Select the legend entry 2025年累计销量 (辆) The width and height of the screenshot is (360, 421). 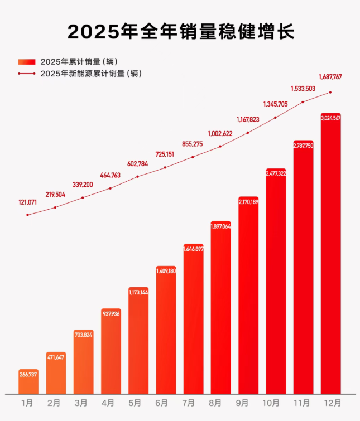click(78, 61)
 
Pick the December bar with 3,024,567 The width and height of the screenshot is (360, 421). click(330, 257)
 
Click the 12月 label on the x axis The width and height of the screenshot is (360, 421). click(330, 402)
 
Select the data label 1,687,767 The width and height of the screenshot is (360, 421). click(330, 78)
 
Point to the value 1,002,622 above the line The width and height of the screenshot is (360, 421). click(220, 133)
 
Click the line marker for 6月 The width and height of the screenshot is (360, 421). click(166, 167)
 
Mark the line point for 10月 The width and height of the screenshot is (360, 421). click(276, 118)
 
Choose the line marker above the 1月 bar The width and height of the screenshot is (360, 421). click(28, 215)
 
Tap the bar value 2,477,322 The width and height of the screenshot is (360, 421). click(276, 174)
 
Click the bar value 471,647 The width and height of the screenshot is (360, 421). click(56, 356)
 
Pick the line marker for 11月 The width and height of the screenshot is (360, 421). click(303, 102)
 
